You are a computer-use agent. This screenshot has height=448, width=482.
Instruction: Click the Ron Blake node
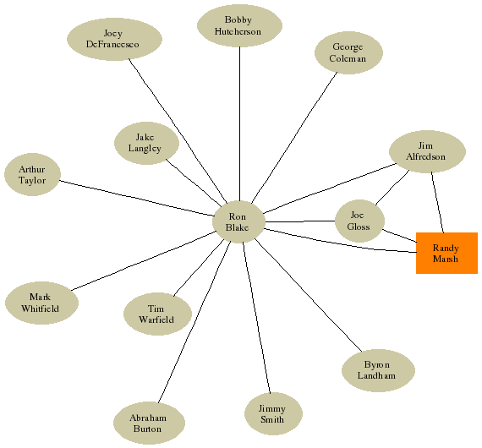(238, 221)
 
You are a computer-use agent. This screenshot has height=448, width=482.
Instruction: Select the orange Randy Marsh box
(446, 253)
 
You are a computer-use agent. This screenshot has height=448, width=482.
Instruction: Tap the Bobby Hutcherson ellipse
(239, 25)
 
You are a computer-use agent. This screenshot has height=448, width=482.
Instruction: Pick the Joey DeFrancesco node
(114, 39)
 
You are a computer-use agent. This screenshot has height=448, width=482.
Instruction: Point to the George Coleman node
(348, 52)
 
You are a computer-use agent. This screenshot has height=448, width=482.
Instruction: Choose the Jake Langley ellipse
(146, 143)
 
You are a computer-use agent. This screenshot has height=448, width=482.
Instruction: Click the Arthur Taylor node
(32, 174)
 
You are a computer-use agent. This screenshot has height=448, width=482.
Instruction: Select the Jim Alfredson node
(427, 151)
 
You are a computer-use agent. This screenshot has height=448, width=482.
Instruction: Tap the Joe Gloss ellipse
(359, 221)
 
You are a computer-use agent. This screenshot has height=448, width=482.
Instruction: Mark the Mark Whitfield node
(41, 303)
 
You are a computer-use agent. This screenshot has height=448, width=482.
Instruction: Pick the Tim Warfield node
(157, 314)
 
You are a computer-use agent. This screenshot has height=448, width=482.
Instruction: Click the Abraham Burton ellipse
(149, 423)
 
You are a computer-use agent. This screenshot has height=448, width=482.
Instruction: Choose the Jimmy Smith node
(273, 413)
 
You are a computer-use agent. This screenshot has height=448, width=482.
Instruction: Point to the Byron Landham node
(378, 370)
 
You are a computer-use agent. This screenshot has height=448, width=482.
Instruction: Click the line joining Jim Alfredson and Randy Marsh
(437, 202)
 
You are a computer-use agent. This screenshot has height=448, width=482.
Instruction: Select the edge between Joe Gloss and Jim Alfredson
(392, 188)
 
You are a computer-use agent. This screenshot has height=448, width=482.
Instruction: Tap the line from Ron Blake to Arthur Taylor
(136, 198)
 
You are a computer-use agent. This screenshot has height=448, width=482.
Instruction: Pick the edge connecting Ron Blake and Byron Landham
(309, 295)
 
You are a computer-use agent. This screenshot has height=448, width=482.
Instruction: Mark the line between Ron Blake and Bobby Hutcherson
(239, 123)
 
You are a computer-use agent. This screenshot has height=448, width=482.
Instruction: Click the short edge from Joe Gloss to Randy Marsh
(399, 236)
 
